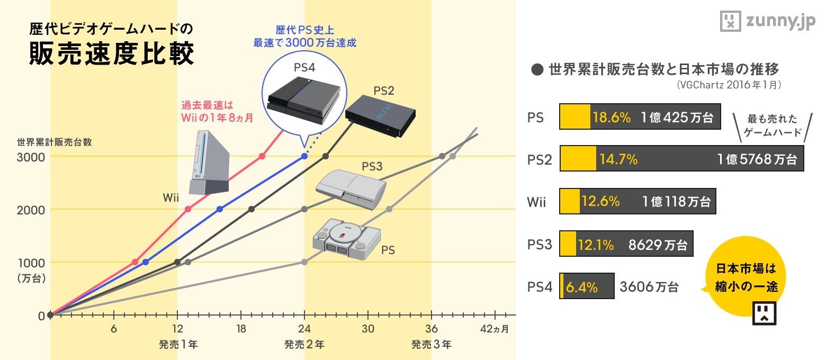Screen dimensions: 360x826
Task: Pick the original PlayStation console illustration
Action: [x=347, y=240]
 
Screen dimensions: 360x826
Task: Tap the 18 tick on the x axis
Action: [x=241, y=329]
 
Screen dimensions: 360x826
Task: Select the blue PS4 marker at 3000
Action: [x=304, y=156]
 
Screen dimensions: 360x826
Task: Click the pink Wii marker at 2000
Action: [x=188, y=209]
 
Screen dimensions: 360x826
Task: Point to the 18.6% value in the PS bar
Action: [x=612, y=118]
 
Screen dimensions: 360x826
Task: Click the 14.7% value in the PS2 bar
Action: [x=618, y=159]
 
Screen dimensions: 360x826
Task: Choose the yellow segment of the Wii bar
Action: [x=570, y=201]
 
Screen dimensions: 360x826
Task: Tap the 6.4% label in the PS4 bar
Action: [x=582, y=287]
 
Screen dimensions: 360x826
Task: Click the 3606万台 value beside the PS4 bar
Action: [x=649, y=287]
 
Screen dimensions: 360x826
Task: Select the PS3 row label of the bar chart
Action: [x=540, y=245]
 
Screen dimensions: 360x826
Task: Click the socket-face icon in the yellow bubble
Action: [x=764, y=313]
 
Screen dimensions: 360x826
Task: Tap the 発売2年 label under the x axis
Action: [x=304, y=345]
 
